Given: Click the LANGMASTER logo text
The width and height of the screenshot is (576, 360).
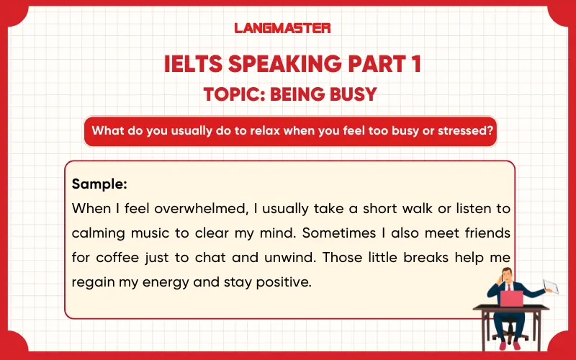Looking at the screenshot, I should [x=282, y=28].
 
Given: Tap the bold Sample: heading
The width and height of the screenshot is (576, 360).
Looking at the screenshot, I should [x=99, y=184].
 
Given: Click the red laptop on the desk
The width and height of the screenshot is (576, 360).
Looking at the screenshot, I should [x=511, y=297].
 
